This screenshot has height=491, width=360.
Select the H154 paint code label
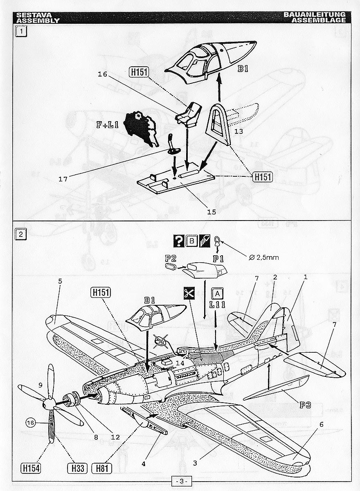point(31,467)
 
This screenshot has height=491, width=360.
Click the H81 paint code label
point(102,467)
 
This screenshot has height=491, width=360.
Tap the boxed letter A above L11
point(217,293)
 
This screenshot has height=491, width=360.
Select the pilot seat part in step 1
point(189,113)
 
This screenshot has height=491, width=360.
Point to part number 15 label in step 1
point(211,212)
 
